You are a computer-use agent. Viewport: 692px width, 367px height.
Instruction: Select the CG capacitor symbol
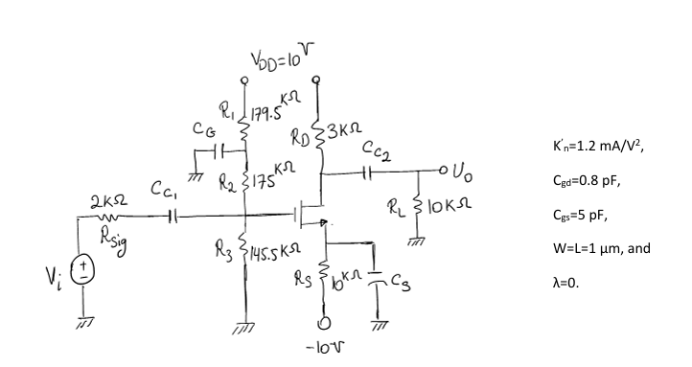pos(219,152)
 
